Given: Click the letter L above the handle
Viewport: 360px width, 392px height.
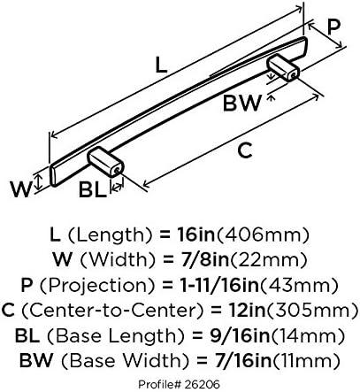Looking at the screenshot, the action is pos(161,65).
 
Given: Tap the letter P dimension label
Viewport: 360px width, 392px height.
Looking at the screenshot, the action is pos(334,27).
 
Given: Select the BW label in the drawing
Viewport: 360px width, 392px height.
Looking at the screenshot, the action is pos(242,103).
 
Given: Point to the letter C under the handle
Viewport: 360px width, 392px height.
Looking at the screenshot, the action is pos(245,150).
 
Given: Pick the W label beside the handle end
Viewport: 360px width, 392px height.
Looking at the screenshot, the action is pos(20,189).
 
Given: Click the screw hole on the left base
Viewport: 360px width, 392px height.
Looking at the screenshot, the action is pos(118,171).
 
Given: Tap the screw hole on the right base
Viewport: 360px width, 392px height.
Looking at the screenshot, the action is pos(293,76).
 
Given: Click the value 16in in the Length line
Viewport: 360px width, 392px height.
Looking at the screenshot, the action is pos(195,234).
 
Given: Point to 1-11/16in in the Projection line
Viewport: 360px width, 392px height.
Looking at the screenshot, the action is pos(219,285).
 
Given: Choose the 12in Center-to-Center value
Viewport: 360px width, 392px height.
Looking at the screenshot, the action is pos(248,310).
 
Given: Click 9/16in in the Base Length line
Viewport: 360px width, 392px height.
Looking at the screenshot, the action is pos(240,335).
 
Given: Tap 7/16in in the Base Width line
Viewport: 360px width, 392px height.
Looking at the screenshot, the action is pos(242,360).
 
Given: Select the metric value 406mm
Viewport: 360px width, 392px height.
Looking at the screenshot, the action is pos(264,235).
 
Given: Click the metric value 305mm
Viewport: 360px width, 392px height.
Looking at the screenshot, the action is pos(311,311).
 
